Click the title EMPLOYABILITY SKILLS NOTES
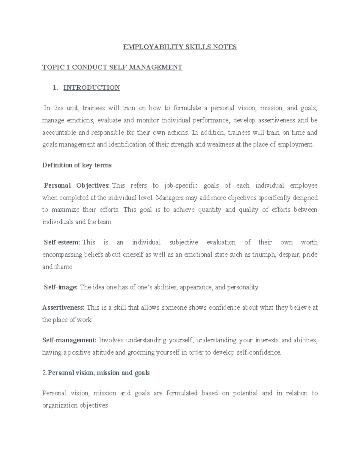pos(180,47)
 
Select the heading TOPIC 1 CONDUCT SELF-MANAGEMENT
pos(112,67)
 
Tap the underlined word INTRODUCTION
pos(91,88)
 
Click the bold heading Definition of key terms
pos(77,165)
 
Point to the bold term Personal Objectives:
pos(77,185)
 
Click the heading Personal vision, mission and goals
pos(99,373)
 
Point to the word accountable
pos(59,132)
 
